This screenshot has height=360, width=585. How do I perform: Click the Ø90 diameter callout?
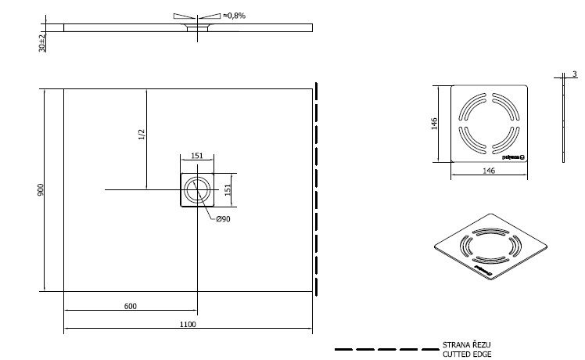[x=223, y=219]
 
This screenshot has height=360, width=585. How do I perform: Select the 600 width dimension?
[x=131, y=305]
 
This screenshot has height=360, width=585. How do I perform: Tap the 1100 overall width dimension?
[x=188, y=324]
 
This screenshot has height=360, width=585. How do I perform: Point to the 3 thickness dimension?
[x=574, y=74]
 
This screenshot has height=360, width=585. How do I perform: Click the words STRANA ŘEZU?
[x=467, y=344]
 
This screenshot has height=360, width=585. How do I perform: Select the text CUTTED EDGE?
[x=467, y=354]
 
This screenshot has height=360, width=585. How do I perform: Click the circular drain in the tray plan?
[x=198, y=190]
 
